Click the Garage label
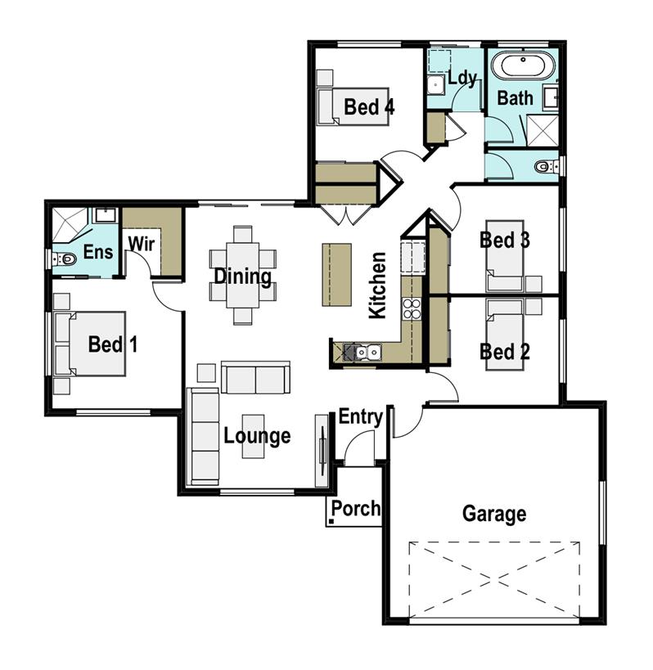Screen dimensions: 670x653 point(493,514)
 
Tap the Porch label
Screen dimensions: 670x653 point(356,509)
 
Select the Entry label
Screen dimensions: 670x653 point(360,417)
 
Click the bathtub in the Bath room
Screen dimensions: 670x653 point(522,65)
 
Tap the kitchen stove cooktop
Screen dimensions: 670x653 point(412,308)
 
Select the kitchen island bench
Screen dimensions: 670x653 point(337,274)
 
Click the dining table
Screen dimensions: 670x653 point(242,276)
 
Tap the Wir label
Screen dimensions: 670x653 point(140,244)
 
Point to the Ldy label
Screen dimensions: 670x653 point(462,78)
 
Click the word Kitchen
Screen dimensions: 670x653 point(377,285)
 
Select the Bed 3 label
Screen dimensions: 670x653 point(504,241)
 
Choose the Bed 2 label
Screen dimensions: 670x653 point(504,352)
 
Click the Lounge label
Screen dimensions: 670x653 point(257,435)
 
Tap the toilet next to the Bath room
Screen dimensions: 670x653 point(543,167)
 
